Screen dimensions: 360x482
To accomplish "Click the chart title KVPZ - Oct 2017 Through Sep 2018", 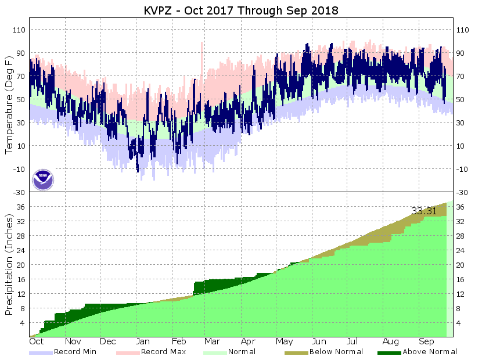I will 241,11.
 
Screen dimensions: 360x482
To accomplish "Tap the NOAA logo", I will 43,179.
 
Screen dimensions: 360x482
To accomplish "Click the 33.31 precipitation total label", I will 423,211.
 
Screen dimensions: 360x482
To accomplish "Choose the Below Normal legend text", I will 336,351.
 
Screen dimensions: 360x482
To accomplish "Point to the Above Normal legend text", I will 430,351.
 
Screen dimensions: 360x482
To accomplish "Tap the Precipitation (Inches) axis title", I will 9,264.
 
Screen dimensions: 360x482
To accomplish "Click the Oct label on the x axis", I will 38,342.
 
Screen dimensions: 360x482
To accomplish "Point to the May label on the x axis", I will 283,342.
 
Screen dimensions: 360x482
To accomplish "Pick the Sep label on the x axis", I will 427,342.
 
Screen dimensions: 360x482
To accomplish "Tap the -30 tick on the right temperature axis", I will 463,192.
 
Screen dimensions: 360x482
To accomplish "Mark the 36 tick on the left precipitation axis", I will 21,207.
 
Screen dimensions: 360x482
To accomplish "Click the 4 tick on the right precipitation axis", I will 460,323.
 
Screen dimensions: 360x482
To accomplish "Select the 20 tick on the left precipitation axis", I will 21,265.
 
